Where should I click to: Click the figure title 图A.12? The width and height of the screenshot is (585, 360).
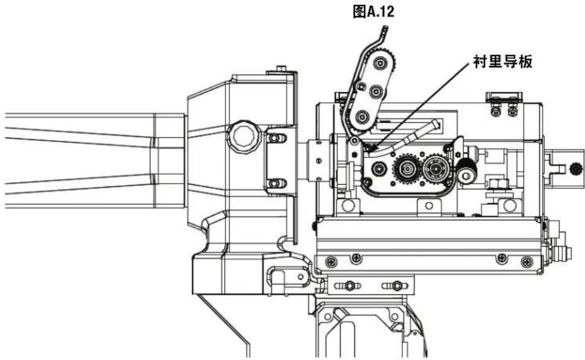pyautogui.click(x=373, y=12)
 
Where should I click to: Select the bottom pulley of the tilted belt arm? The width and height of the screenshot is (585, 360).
pyautogui.click(x=360, y=118)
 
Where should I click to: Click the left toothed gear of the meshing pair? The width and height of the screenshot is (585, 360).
pyautogui.click(x=405, y=169)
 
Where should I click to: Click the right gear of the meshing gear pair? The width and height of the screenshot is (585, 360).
pyautogui.click(x=436, y=169)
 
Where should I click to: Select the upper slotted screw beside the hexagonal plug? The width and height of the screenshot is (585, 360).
pyautogui.click(x=274, y=138)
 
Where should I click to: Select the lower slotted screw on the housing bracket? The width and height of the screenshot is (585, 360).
pyautogui.click(x=274, y=183)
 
